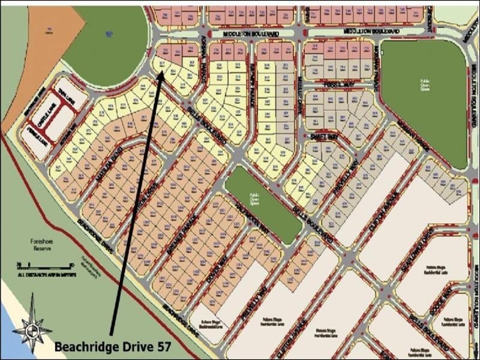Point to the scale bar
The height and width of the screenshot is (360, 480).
click(x=45, y=264)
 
